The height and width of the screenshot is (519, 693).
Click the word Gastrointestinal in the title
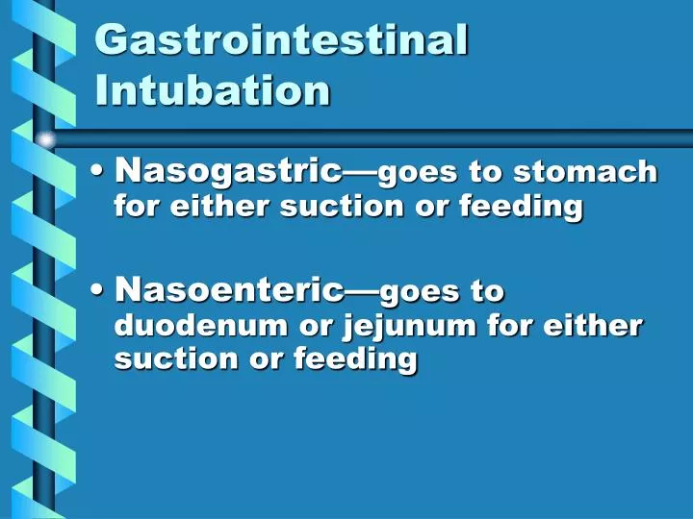click(282, 40)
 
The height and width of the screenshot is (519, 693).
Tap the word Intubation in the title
click(213, 90)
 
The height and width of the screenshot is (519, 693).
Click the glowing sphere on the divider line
click(45, 140)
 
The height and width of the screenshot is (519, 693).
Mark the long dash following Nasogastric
click(361, 174)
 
